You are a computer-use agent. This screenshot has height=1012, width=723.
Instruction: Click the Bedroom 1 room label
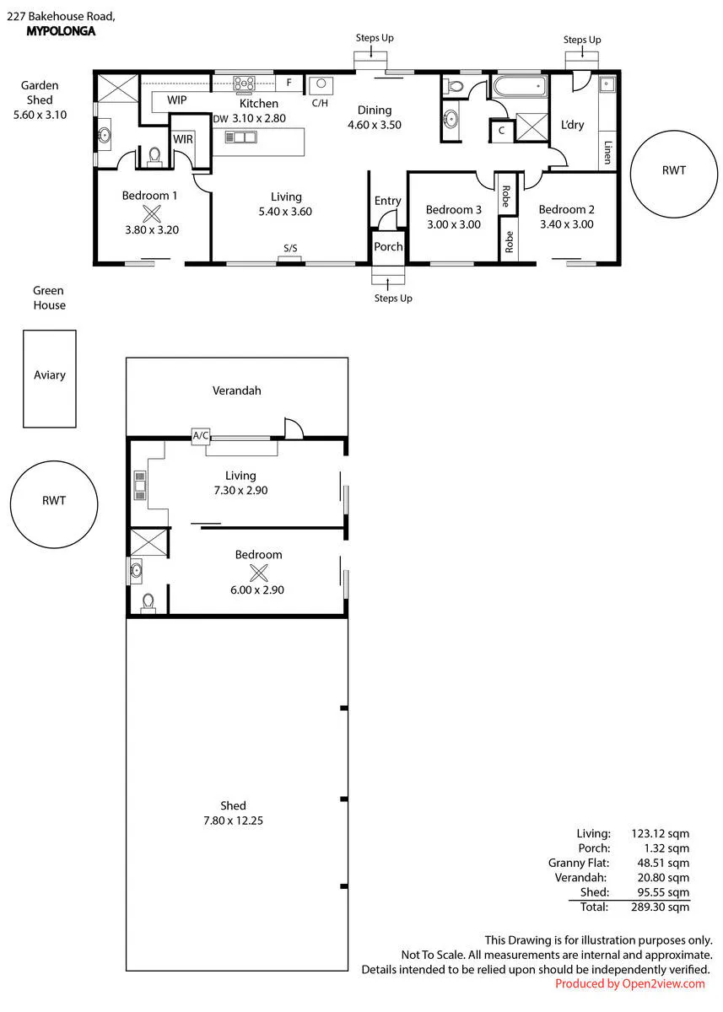(149, 196)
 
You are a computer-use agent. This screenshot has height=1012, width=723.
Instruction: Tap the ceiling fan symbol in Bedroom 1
(152, 213)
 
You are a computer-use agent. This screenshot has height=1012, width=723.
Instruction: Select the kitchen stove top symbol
(244, 83)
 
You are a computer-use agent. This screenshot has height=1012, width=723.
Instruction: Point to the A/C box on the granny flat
(201, 435)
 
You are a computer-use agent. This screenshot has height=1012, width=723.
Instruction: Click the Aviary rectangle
(50, 379)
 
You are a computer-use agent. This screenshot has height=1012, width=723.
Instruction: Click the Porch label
(388, 246)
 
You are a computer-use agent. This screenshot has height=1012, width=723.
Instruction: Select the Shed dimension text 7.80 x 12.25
(233, 821)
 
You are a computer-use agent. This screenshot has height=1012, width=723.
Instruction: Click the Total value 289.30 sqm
(661, 907)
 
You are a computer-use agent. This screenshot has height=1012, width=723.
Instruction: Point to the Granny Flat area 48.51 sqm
(663, 863)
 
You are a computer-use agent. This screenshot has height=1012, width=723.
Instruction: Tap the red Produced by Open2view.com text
(630, 983)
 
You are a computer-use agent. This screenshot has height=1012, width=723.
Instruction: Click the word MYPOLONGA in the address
(61, 31)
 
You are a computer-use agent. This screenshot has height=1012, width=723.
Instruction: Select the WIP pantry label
(176, 100)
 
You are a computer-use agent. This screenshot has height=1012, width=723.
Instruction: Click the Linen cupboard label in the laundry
(608, 153)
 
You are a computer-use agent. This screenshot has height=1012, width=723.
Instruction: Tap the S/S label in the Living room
(290, 248)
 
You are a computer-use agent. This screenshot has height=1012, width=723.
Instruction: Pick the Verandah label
(237, 390)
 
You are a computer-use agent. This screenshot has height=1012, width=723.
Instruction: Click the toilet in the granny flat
(148, 603)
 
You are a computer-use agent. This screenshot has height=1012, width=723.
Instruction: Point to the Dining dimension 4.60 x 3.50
(375, 125)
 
